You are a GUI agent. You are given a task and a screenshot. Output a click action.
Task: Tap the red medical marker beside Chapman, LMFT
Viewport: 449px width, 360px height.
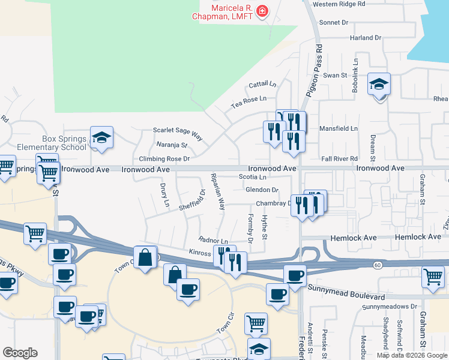[x=262, y=11]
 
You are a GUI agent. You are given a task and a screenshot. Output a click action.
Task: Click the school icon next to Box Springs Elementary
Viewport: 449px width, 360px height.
[x=101, y=137]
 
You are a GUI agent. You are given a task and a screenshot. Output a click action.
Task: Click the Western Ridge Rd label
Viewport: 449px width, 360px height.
[x=339, y=4]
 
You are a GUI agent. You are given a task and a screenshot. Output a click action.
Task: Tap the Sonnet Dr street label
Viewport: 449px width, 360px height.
[x=336, y=22]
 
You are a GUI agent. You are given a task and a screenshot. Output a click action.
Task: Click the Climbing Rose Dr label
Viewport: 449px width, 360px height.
[x=164, y=159]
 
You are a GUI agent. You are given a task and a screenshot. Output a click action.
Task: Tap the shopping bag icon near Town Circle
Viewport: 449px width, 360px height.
[x=145, y=258]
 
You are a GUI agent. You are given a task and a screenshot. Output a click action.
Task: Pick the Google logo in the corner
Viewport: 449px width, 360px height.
[x=20, y=353]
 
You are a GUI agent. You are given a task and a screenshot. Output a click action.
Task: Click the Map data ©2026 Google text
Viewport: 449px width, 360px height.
[x=412, y=355]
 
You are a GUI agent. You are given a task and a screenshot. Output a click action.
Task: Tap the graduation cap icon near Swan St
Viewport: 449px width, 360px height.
[x=379, y=85]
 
